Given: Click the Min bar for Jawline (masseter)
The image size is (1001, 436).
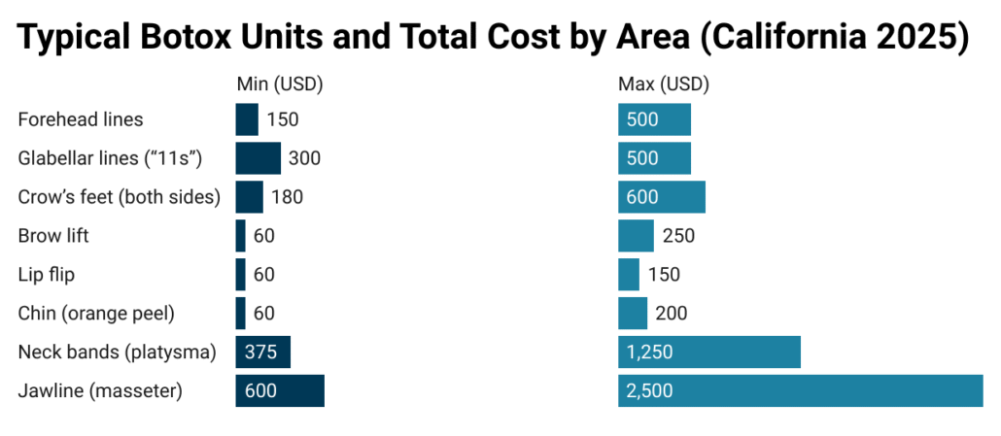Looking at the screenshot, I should pyautogui.click(x=280, y=390).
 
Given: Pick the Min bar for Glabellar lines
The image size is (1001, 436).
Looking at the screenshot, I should pyautogui.click(x=258, y=158).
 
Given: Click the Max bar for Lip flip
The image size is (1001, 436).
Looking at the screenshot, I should pyautogui.click(x=629, y=275).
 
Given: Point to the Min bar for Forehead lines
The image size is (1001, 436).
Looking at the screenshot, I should pyautogui.click(x=247, y=119).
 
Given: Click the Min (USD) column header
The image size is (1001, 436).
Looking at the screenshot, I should pyautogui.click(x=280, y=84).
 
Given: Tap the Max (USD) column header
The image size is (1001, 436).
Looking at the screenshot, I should pyautogui.click(x=664, y=84).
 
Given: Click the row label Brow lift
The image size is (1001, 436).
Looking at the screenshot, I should pyautogui.click(x=53, y=236).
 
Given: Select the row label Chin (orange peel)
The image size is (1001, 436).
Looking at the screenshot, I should pyautogui.click(x=97, y=313).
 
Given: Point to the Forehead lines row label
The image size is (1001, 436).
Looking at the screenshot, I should pyautogui.click(x=81, y=119).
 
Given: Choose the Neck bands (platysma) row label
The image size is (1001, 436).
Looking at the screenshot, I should pyautogui.click(x=117, y=352).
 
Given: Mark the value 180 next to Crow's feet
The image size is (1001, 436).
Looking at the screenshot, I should pyautogui.click(x=288, y=197).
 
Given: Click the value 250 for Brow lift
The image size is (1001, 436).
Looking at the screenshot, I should pyautogui.click(x=678, y=236).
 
